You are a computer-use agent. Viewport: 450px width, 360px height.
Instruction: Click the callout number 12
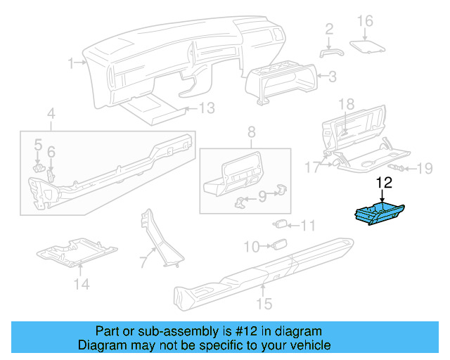384,184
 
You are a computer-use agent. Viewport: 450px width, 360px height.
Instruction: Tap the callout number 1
71,63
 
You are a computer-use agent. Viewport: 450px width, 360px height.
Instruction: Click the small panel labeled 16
369,46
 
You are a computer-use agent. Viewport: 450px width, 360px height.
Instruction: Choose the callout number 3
333,75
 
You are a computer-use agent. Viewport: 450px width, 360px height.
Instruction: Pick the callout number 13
206,108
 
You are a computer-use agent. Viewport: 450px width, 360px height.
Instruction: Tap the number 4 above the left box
51,113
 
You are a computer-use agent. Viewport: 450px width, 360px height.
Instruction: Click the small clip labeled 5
39,167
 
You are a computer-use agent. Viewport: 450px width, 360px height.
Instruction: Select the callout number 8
251,131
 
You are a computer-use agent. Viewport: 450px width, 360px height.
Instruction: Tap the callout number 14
82,284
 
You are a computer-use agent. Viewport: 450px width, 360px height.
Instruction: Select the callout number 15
264,304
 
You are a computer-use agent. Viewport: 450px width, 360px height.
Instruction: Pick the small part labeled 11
280,225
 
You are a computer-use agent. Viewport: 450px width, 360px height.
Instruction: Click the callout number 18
347,103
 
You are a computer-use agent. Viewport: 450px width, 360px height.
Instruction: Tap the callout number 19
425,168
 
